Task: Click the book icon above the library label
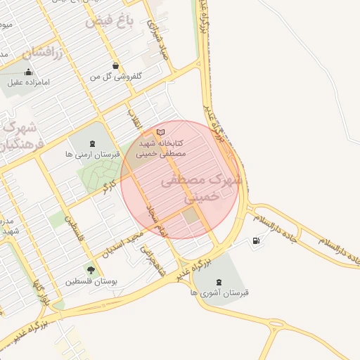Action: pos(161,132)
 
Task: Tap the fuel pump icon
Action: pos(255,242)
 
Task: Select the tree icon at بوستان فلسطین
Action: pos(90,269)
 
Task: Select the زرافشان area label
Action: pos(42,51)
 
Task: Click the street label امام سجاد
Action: pos(153,219)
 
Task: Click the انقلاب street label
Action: pos(134,120)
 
